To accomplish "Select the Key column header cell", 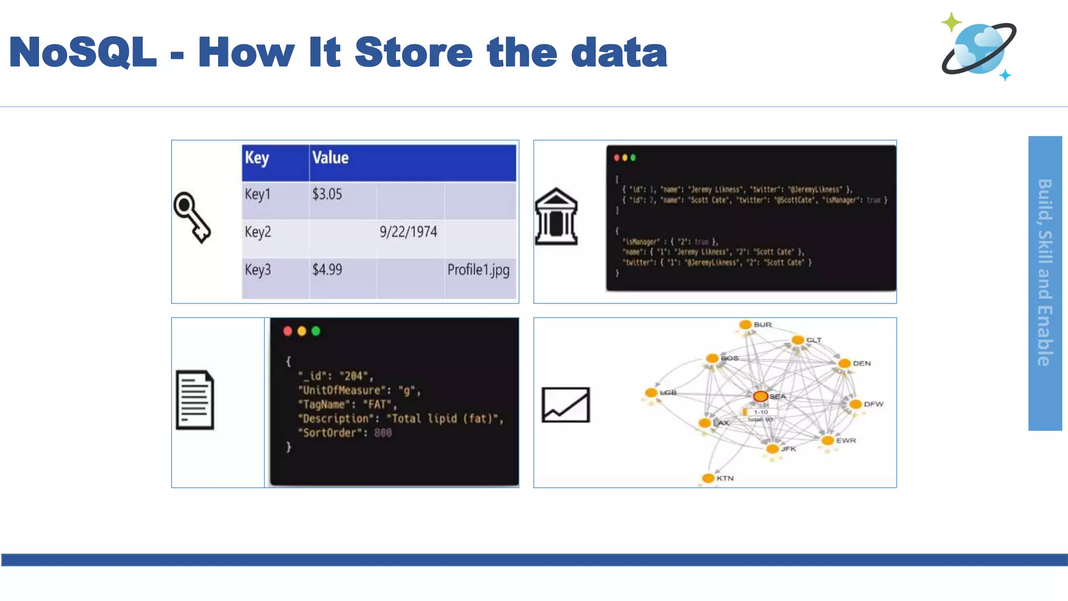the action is click(x=275, y=163).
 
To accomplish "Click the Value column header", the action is click(x=412, y=163).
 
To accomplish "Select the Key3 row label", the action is click(x=258, y=270).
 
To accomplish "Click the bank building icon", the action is click(x=556, y=217).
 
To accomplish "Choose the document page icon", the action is click(x=195, y=400).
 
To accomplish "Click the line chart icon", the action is click(x=565, y=405).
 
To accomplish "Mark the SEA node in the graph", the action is click(x=761, y=396).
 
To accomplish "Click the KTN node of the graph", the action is click(x=708, y=478).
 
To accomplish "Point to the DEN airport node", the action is click(x=844, y=363).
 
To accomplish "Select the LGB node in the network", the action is click(x=651, y=393).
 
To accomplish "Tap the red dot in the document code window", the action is click(x=287, y=331).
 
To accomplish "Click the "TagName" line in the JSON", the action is click(x=347, y=404).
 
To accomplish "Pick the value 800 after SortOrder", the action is click(x=383, y=432).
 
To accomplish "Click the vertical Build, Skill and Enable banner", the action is click(x=1045, y=283).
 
